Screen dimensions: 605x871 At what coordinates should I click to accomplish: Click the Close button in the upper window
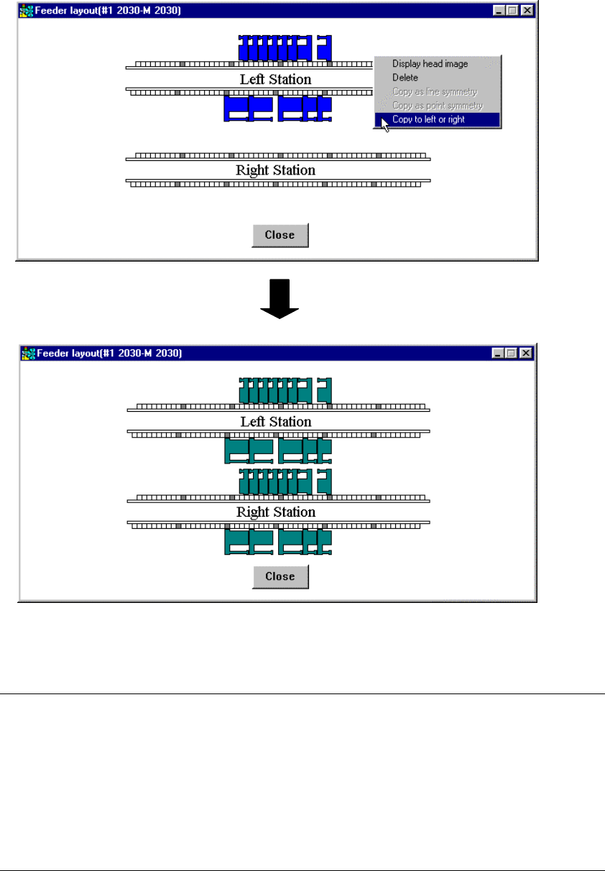(x=280, y=235)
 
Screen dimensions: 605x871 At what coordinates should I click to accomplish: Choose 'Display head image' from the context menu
(x=430, y=64)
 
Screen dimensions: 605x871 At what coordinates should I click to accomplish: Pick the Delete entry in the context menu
(x=405, y=78)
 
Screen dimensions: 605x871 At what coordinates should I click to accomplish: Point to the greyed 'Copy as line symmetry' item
(x=434, y=92)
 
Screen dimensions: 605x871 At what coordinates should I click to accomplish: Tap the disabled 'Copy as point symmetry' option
(x=438, y=106)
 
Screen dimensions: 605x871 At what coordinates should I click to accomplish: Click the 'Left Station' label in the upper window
(x=275, y=79)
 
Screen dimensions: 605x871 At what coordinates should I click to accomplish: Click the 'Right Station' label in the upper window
(x=275, y=170)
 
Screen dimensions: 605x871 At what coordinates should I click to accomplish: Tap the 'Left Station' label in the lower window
(x=276, y=422)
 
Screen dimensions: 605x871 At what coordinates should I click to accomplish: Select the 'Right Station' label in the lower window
(x=276, y=512)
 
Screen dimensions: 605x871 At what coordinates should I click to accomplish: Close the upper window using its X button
(x=527, y=11)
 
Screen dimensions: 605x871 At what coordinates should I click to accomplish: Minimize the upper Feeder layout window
(x=500, y=11)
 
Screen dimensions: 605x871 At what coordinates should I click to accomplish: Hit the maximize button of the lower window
(x=512, y=353)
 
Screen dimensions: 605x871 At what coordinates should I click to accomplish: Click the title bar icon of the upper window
(x=27, y=11)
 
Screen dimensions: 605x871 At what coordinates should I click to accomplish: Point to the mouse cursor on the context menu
(x=385, y=124)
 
